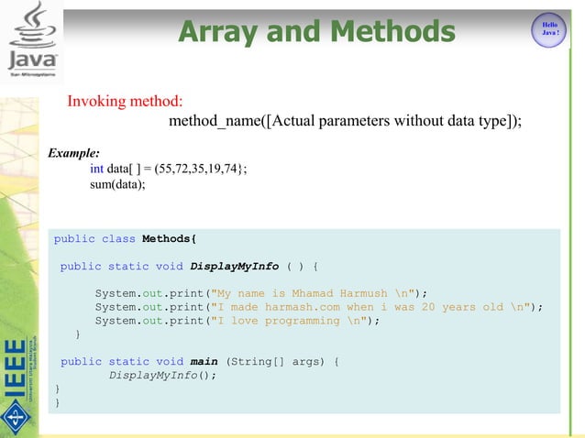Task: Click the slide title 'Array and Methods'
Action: (316, 32)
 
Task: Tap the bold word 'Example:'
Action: (74, 153)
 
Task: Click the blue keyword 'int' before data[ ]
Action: (96, 169)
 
